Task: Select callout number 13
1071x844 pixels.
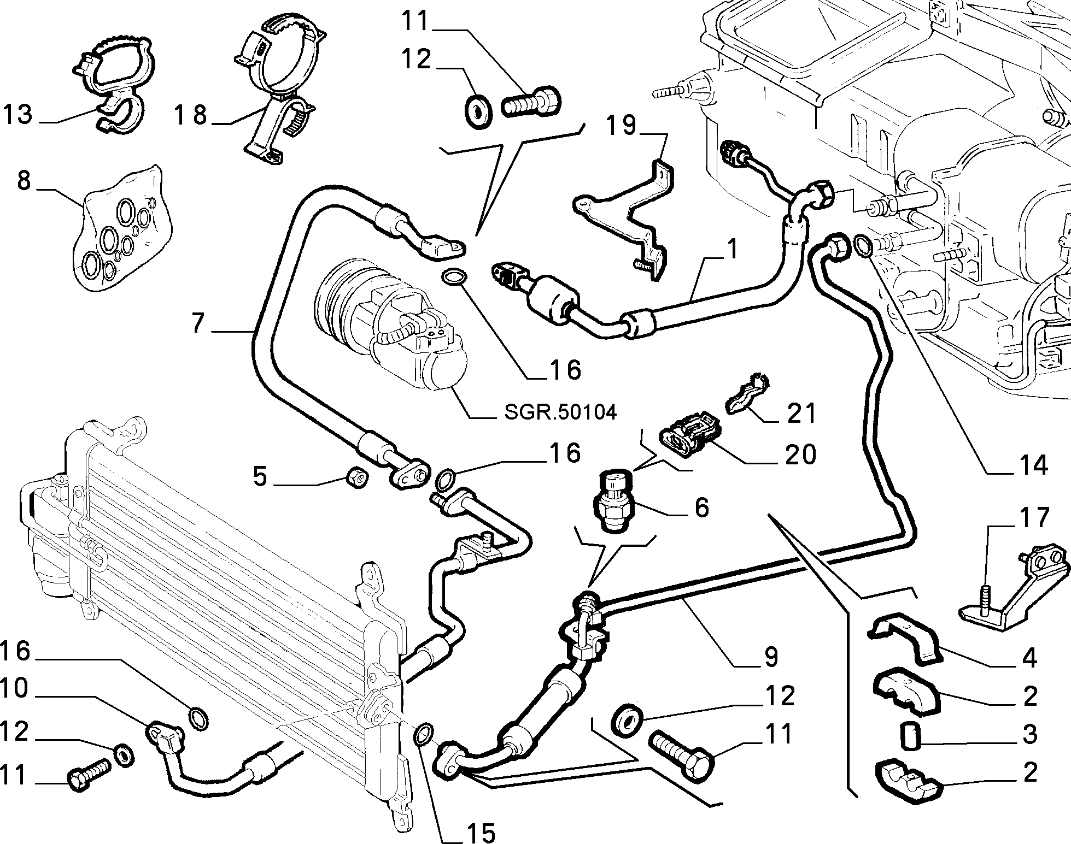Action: (x=17, y=115)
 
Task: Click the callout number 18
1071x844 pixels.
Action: (x=191, y=115)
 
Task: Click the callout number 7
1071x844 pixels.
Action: (x=198, y=324)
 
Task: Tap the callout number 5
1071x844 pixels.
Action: (x=260, y=477)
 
